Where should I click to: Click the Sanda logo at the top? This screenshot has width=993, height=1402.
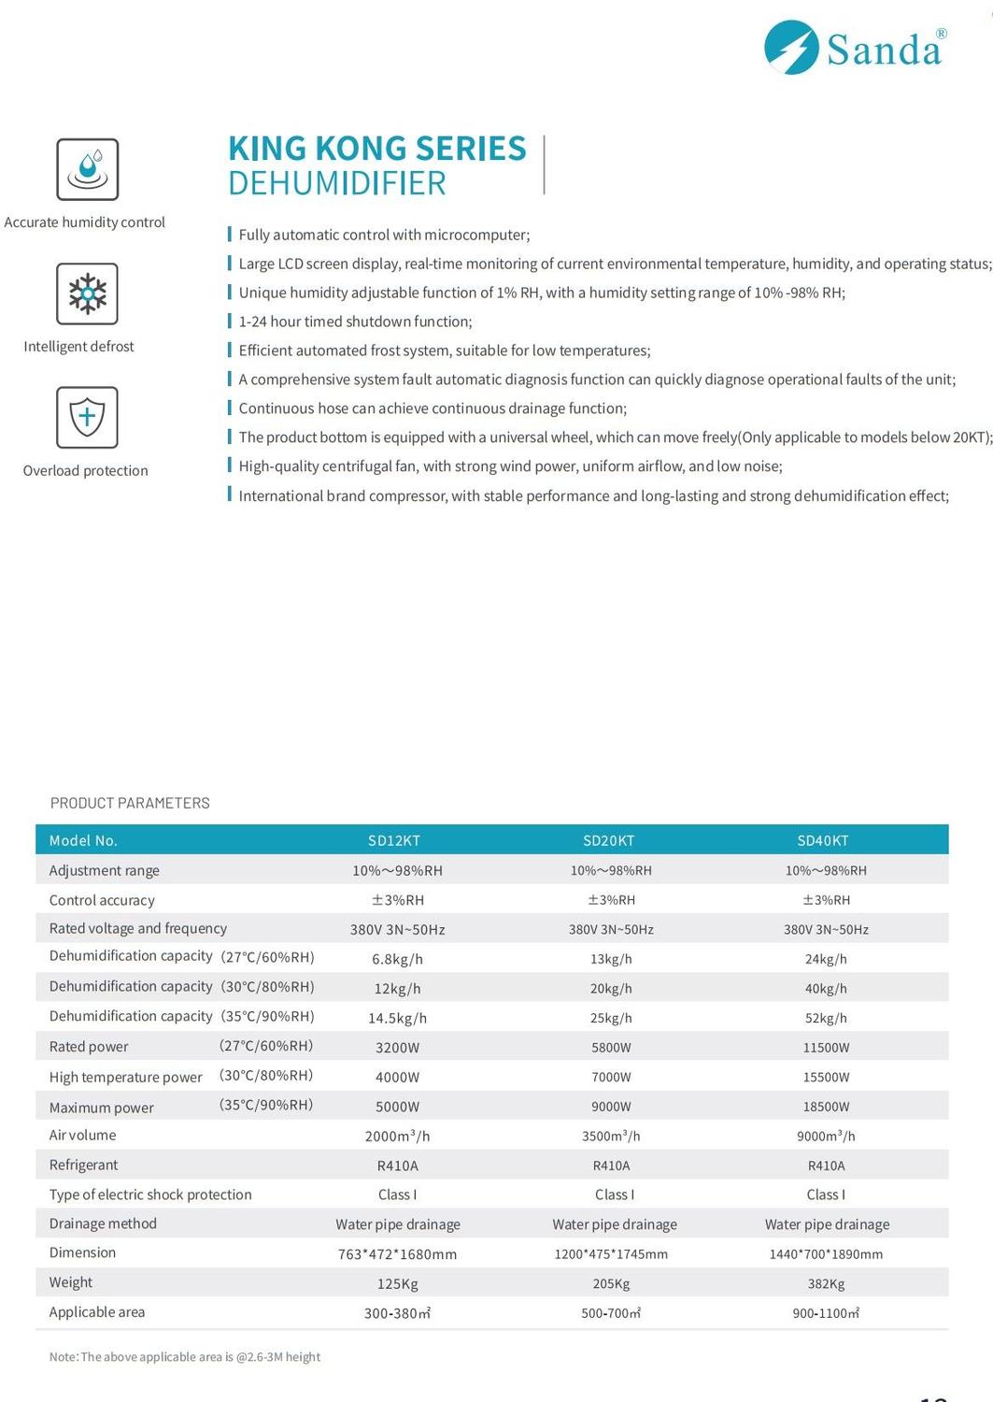coord(855,48)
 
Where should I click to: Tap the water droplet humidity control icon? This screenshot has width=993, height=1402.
coord(88,169)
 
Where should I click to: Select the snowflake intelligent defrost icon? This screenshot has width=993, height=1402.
coord(88,293)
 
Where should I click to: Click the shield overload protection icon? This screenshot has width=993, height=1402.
coord(87,417)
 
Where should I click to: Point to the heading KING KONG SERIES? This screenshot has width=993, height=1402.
coord(377,149)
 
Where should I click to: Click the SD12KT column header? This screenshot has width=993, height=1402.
coord(394,840)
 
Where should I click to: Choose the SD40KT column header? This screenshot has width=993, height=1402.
coord(823,840)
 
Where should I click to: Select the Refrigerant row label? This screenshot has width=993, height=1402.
coord(84,1165)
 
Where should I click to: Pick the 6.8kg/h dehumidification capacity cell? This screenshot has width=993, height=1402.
coord(397,959)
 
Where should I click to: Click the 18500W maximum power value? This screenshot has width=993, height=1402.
coord(826,1107)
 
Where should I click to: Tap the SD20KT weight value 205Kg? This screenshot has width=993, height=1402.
coord(611,1283)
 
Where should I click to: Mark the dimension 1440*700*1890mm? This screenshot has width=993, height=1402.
coord(826,1254)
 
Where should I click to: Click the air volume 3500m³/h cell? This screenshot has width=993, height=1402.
coord(611,1136)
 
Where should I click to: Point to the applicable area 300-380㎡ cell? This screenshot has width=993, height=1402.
coord(397,1313)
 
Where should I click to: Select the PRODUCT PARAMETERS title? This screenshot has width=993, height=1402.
coord(130,803)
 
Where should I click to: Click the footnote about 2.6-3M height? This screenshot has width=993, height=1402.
coord(185,1357)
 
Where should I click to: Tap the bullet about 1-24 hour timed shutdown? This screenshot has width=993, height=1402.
coord(355,322)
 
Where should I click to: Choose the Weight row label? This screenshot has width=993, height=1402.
coord(71,1282)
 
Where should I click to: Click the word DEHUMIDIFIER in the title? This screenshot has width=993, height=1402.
coord(337,183)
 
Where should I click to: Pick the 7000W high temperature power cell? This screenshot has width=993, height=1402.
coord(611,1077)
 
